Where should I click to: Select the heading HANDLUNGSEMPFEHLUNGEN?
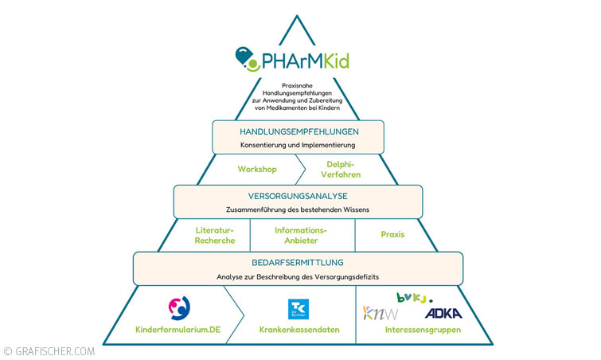pos(298,131)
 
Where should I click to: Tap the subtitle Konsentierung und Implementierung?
pos(298,145)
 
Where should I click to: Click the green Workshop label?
pos(257,169)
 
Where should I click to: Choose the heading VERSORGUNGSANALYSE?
pos(298,196)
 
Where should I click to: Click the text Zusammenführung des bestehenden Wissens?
pos(298,209)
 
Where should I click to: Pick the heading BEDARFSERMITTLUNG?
pos(298,261)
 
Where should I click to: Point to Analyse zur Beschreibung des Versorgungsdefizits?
pos(298,277)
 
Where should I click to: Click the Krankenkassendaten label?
pos(298,330)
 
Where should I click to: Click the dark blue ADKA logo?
pos(443,312)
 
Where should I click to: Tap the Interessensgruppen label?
pos(412,330)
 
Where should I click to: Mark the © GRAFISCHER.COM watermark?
pos(49,350)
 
